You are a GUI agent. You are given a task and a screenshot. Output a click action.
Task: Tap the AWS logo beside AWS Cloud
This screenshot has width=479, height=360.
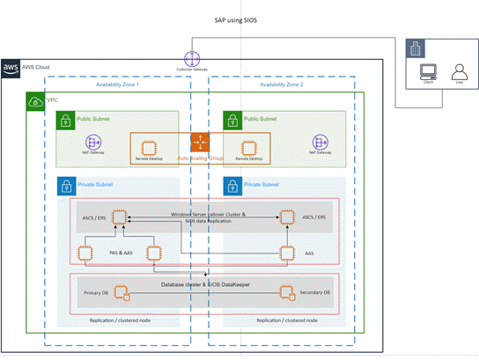point(11,67)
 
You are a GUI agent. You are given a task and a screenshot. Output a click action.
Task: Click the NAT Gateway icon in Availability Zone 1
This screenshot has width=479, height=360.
point(93,142)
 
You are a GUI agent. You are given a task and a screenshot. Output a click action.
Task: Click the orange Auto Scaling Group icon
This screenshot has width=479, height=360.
point(202,141)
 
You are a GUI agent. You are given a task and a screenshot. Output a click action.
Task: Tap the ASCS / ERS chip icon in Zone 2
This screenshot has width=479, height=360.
point(285,217)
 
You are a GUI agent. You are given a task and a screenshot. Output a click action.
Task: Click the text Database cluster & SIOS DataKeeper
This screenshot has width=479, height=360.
point(205,284)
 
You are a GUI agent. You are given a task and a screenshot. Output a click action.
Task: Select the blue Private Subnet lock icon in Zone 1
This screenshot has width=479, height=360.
point(65,187)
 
